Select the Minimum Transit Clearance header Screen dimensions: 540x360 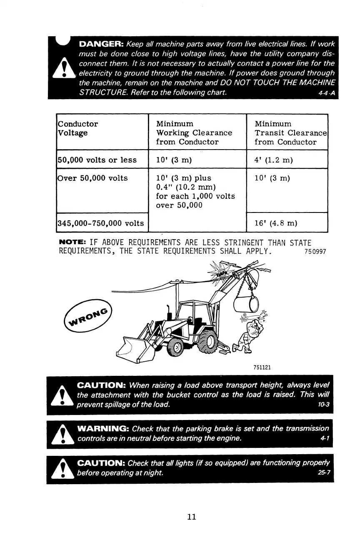290,132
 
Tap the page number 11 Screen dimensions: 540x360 192,517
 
